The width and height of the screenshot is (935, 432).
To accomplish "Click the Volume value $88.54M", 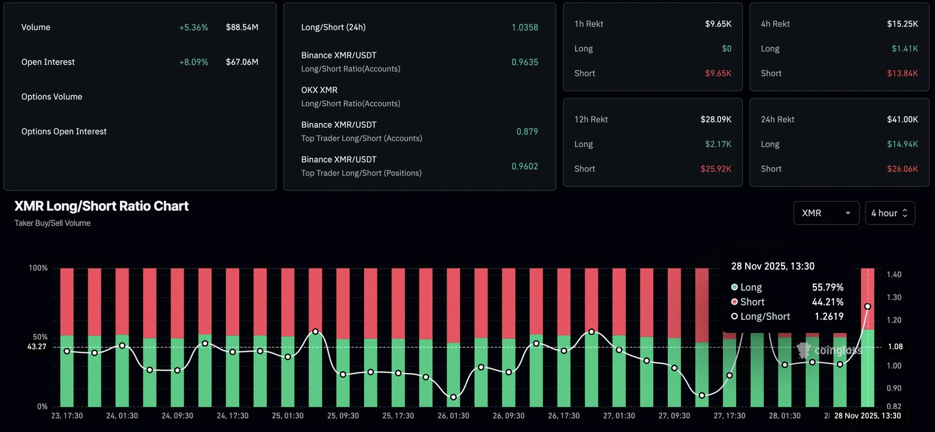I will pos(242,27).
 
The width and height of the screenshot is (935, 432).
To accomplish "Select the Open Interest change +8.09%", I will pos(193,62).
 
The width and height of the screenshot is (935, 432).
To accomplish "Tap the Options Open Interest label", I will pos(64,131).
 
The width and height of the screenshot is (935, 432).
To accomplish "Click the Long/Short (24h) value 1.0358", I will pos(524,27).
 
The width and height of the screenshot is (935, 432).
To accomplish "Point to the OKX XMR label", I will pos(319,90).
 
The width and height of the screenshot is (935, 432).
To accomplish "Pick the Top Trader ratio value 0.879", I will pos(527,131).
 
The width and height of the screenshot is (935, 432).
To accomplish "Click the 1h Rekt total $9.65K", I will pos(718,24).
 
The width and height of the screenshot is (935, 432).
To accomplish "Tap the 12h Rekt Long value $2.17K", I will pos(719,144).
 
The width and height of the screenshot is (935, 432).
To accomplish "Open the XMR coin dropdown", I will pos(826,213).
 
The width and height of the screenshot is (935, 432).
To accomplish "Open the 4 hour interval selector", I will pos(889,213).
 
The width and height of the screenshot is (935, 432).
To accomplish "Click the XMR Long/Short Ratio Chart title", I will pos(102,206).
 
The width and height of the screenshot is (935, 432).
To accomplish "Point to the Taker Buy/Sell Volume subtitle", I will pos(52,223).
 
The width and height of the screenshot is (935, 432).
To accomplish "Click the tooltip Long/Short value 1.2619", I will pos(828,316).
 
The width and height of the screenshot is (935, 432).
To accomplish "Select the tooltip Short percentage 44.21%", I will pos(827,302).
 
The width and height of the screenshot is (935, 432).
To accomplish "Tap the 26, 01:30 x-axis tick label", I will pos(453,416).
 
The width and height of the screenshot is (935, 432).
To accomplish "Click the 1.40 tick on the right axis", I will pos(894,275).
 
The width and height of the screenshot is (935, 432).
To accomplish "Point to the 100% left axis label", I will pos(38,268).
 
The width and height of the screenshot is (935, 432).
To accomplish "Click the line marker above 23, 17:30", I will pos(67,351).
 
